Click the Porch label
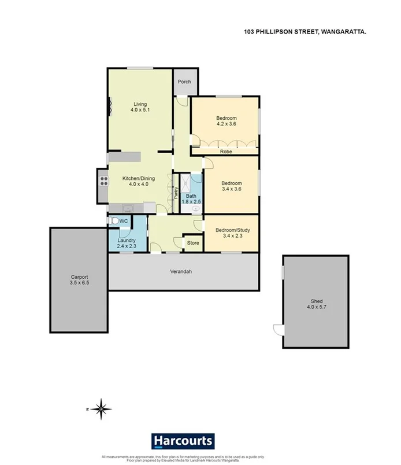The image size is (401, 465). [184, 82]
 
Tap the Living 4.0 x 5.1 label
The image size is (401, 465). [140, 107]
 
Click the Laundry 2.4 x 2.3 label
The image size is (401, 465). [126, 243]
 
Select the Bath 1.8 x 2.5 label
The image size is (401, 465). [191, 198]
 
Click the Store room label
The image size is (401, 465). [192, 243]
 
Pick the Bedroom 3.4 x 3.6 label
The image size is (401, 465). [231, 184]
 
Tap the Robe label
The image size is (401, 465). [226, 152]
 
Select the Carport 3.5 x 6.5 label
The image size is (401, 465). [79, 280]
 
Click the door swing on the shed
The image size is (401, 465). [278, 330]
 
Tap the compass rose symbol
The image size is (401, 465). [101, 408]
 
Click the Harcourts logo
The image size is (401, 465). [183, 442]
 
